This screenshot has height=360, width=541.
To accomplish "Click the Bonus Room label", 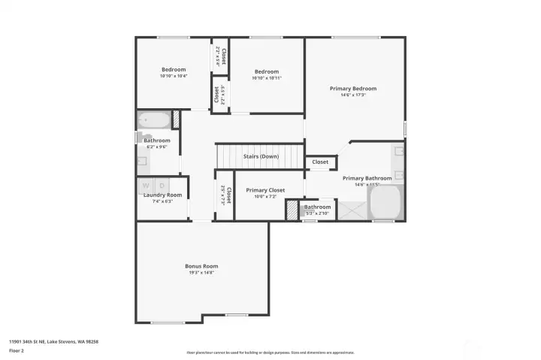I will [x=201, y=266].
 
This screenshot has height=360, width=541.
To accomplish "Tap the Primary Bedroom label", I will [x=353, y=88].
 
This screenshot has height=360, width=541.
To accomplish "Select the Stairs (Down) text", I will [x=261, y=156].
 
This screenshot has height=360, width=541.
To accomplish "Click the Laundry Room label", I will [x=163, y=195].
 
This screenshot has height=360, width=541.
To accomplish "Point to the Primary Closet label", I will [x=265, y=190].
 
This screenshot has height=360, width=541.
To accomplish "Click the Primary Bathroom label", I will [x=367, y=178].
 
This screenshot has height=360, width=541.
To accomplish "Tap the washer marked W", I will [x=146, y=185].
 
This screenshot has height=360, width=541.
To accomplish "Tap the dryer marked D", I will [x=162, y=185].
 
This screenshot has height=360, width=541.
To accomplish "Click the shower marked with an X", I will [x=351, y=210].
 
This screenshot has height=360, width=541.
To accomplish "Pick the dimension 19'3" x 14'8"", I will [x=201, y=274].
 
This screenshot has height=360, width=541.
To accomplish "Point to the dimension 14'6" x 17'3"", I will [x=353, y=95].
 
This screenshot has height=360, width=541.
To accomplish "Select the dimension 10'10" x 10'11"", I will [x=266, y=78].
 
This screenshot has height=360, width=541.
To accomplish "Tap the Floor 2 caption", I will [x=16, y=349].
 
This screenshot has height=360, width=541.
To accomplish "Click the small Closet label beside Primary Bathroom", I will [x=320, y=162].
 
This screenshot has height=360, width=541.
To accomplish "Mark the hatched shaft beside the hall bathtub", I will [x=177, y=119].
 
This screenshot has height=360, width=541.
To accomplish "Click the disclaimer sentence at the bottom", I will [x=270, y=352].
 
